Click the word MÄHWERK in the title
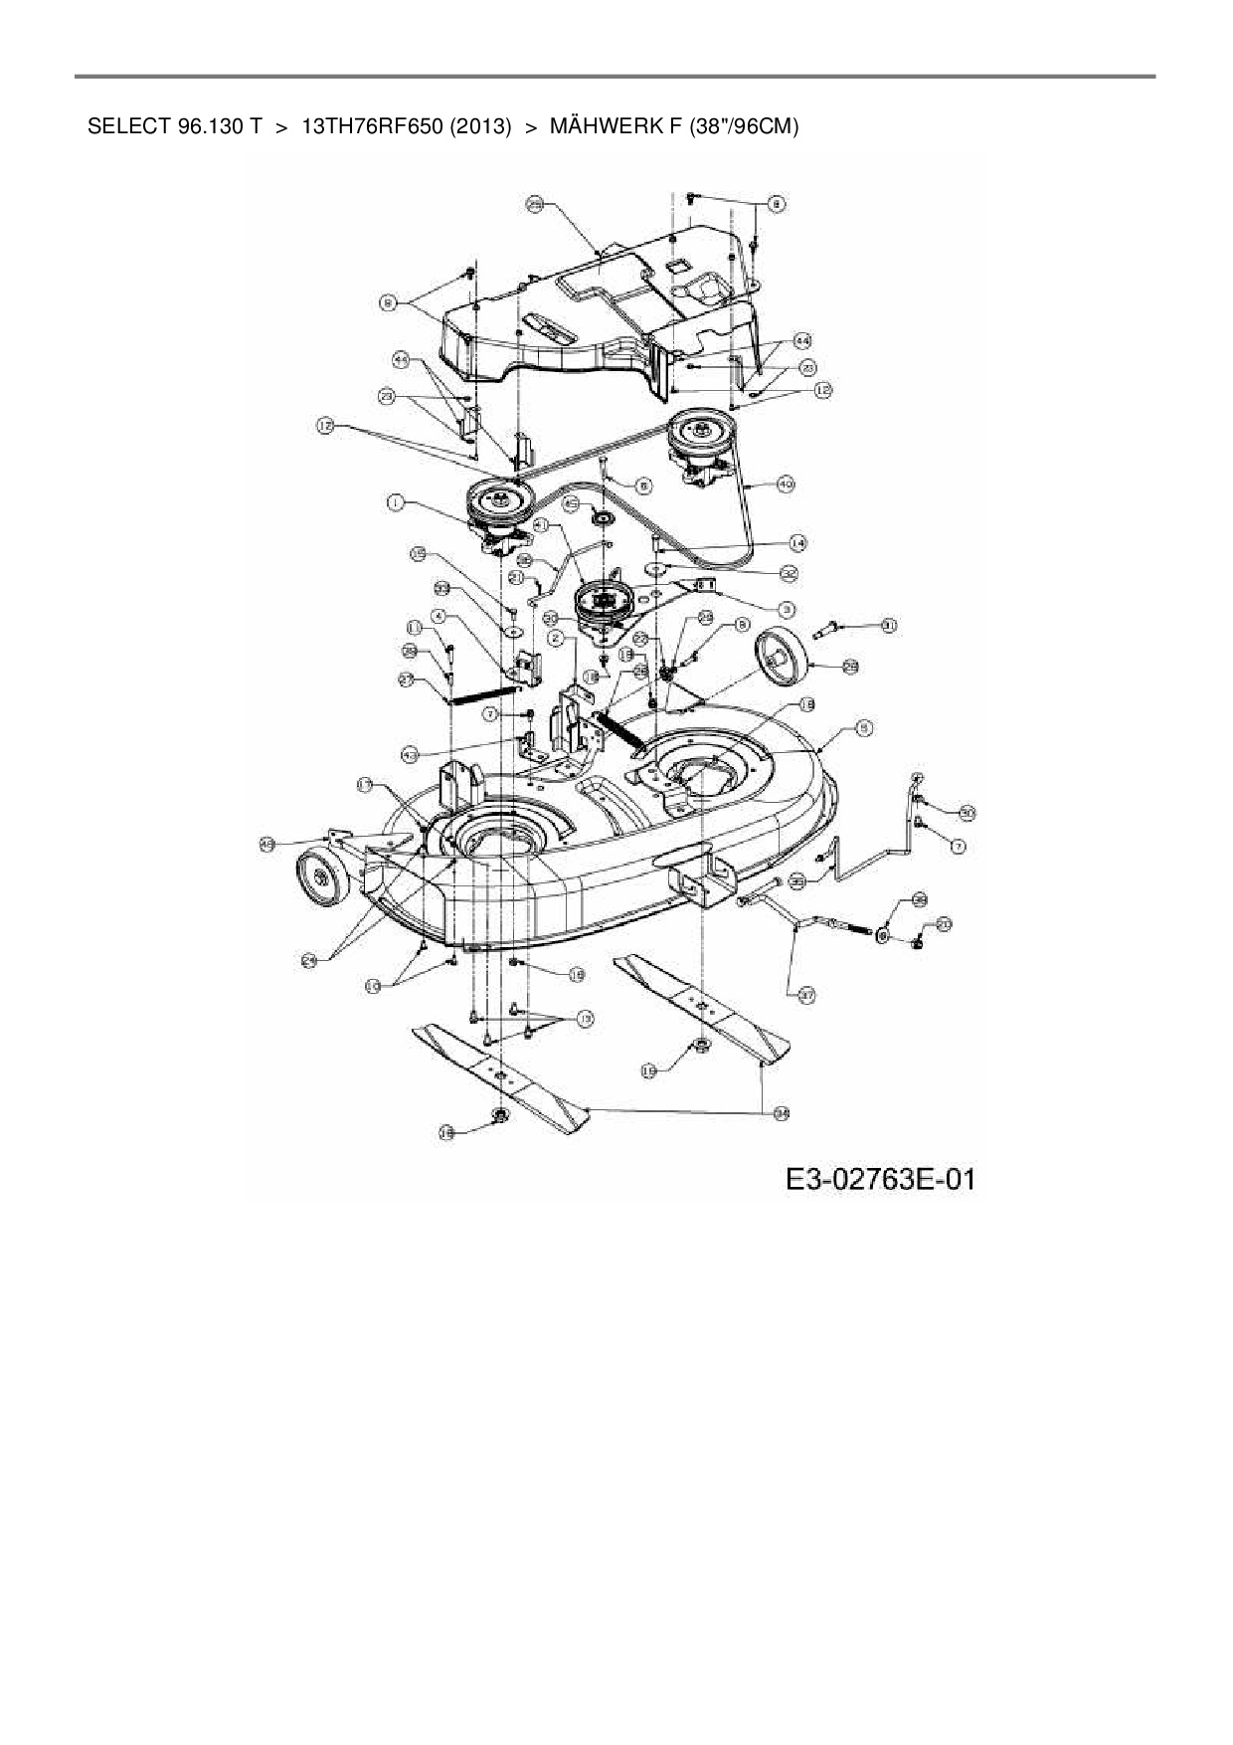[597, 126]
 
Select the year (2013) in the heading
[480, 126]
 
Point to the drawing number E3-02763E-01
[880, 1179]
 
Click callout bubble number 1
[396, 504]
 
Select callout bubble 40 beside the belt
[786, 485]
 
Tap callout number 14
[797, 543]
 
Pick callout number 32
[789, 573]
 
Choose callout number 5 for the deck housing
[864, 729]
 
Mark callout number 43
[411, 755]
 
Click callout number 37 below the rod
[806, 994]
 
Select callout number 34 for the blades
[782, 1113]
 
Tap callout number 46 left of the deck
[266, 844]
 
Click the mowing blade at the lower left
[502, 1079]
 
